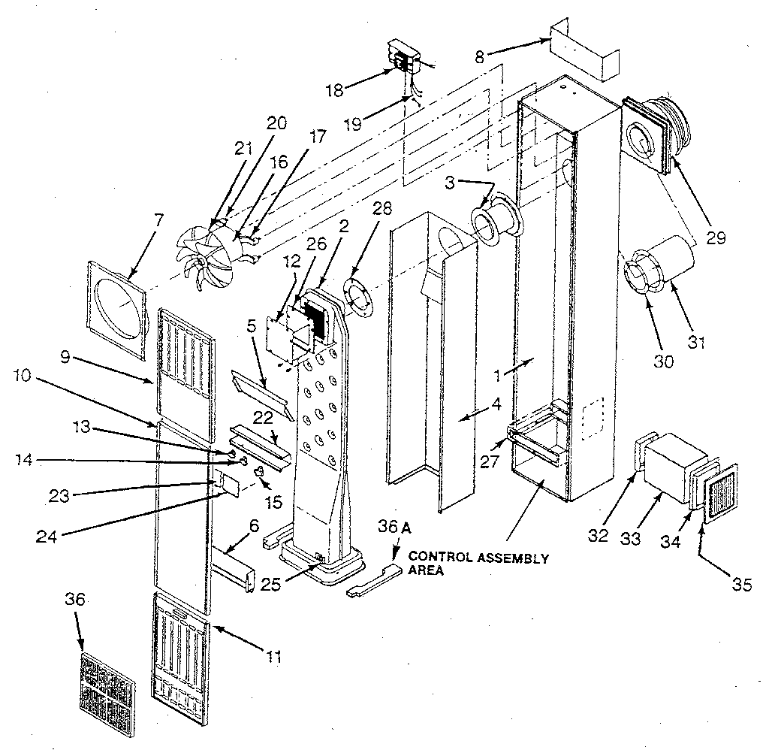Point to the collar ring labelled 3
click(496, 223)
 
